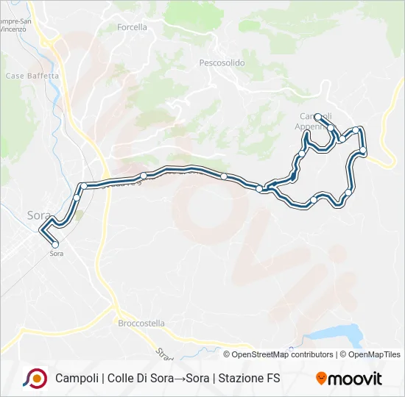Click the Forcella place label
pyautogui.click(x=132, y=27)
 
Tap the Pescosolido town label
pyautogui.click(x=222, y=63)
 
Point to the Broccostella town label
pyautogui.click(x=141, y=323)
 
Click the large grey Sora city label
pyautogui.click(x=38, y=215)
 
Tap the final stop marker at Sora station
pyautogui.click(x=54, y=245)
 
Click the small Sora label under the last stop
pyautogui.click(x=56, y=254)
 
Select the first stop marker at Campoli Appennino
pyautogui.click(x=317, y=116)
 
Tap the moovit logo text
pyautogui.click(x=356, y=379)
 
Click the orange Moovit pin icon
pyautogui.click(x=321, y=379)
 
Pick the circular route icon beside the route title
pyautogui.click(x=35, y=378)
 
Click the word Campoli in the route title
pyautogui.click(x=77, y=379)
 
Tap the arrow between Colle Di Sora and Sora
pyautogui.click(x=177, y=379)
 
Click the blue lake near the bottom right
pyautogui.click(x=339, y=335)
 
